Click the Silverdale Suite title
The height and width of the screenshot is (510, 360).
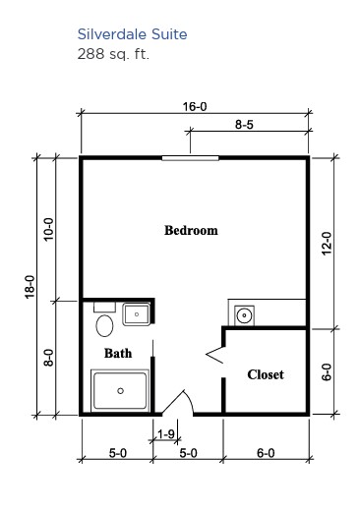point(132,34)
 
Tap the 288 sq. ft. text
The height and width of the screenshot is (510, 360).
point(113,54)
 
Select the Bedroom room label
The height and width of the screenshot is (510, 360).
point(191,230)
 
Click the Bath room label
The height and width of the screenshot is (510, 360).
point(118,353)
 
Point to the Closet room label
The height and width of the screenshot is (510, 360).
point(266,374)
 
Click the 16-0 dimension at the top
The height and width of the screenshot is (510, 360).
point(195,107)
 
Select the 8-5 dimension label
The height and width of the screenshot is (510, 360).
point(244,125)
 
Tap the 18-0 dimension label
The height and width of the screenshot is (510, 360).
point(30,287)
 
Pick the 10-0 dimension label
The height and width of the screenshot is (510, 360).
point(48,230)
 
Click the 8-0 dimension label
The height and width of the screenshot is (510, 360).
point(48,358)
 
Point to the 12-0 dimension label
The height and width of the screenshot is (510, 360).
point(327,244)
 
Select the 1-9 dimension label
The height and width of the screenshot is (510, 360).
point(166,434)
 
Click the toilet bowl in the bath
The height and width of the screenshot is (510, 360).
point(104,325)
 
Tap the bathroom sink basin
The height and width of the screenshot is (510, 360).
point(137,314)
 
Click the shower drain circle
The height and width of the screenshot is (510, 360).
point(120,391)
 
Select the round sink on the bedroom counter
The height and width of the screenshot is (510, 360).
point(244,315)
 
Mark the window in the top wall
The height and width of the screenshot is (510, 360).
point(191,158)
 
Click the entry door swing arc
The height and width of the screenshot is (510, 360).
point(188,401)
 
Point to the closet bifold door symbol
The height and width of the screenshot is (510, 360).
point(214,354)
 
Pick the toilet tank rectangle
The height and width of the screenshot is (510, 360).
point(104,308)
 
